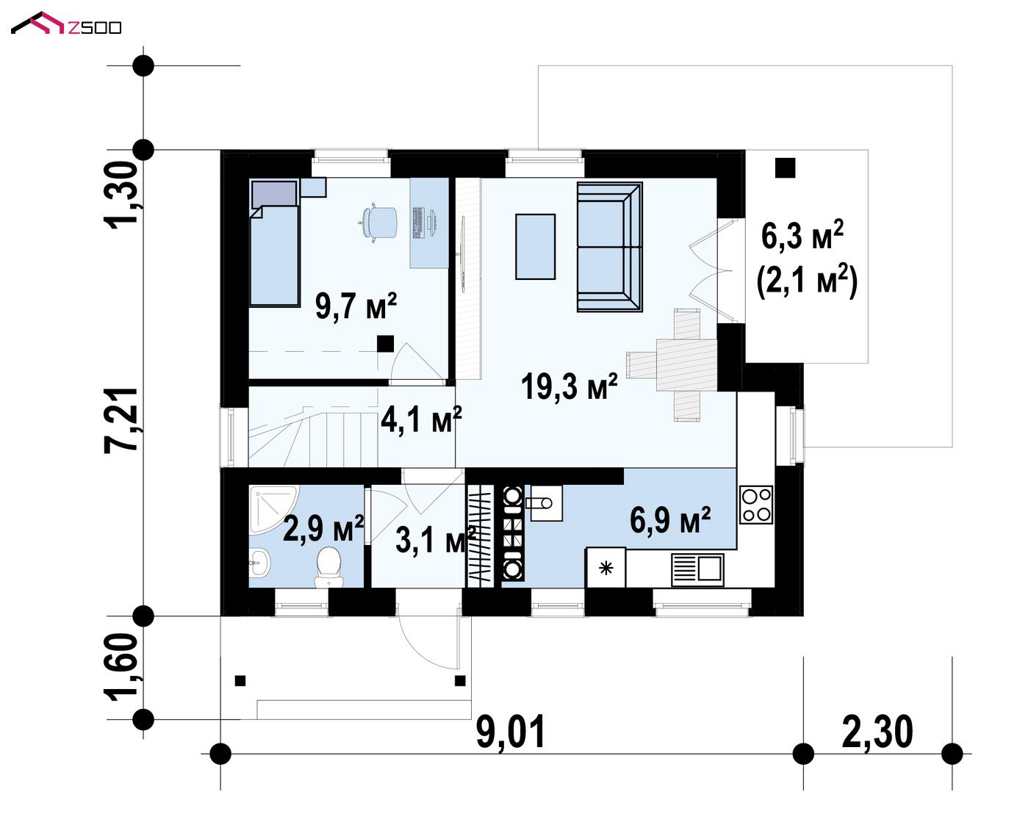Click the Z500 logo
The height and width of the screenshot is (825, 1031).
(x=66, y=24)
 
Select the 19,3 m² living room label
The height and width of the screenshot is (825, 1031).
(x=570, y=386)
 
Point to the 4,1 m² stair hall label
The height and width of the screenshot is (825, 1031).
(x=421, y=419)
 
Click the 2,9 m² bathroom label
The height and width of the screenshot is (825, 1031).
(x=323, y=528)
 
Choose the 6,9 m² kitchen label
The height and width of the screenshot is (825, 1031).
(x=669, y=520)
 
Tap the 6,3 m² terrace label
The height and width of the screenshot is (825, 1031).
(x=802, y=235)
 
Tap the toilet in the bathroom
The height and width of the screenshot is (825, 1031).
(x=328, y=566)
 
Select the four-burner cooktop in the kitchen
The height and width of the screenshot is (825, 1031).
(x=756, y=505)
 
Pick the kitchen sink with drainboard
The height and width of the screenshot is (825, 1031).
(x=697, y=569)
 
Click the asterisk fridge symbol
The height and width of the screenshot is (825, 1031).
(x=606, y=569)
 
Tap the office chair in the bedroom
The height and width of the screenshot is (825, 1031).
(x=378, y=223)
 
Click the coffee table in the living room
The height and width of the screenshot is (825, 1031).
(x=535, y=246)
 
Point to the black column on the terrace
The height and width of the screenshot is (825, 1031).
(x=786, y=168)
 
